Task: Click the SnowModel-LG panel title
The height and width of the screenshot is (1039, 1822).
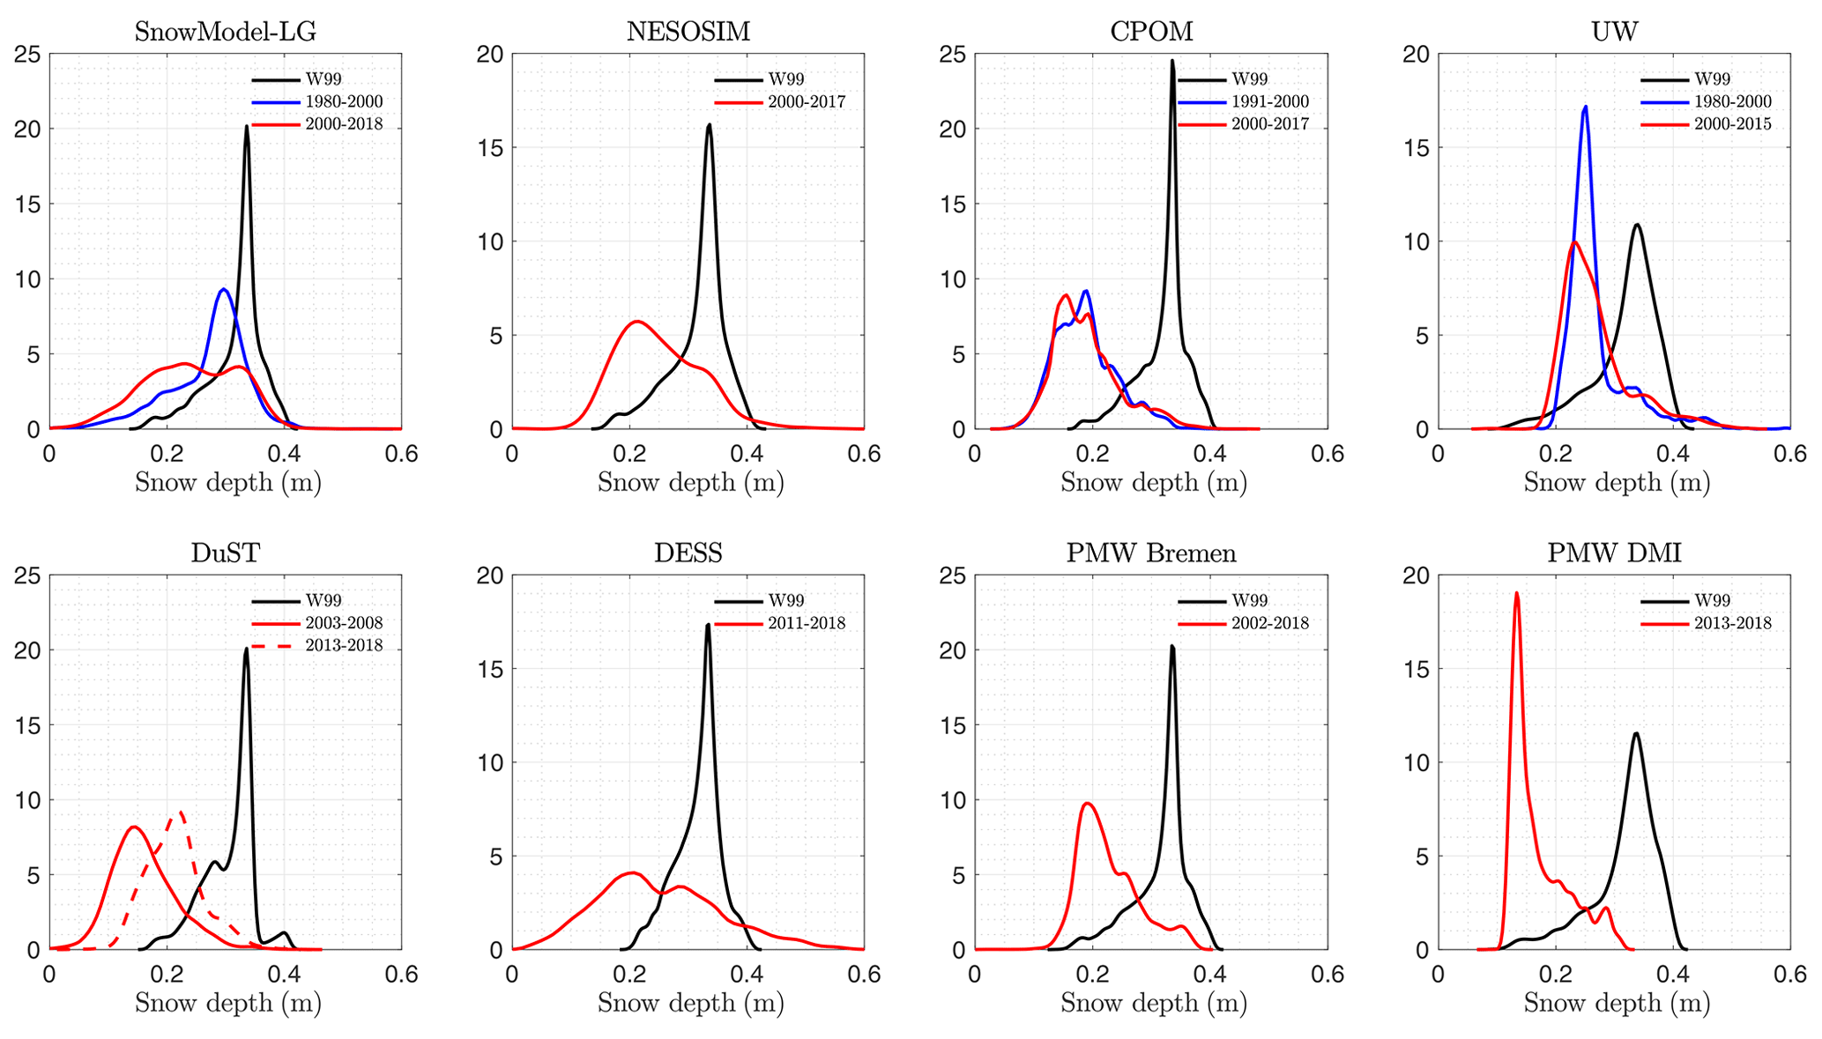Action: tap(225, 32)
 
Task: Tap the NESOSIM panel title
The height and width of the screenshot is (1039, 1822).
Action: tap(688, 32)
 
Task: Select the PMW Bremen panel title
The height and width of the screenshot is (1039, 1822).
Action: tap(1151, 553)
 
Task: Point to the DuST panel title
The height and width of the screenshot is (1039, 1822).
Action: tap(225, 553)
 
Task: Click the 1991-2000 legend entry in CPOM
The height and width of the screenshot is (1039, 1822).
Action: tap(1269, 101)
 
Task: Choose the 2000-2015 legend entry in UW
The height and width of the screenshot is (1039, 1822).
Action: tap(1732, 124)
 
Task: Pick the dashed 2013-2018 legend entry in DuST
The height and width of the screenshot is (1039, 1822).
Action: tap(344, 645)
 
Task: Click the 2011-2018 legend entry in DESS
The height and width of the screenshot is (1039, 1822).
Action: tap(807, 623)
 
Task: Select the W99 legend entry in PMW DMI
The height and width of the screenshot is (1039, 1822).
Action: tap(1712, 600)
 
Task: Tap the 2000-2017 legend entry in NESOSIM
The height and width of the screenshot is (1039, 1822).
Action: tap(807, 101)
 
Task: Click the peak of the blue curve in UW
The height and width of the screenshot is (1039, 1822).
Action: tap(1585, 107)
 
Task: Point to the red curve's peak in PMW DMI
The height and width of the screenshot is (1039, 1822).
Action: tap(1516, 592)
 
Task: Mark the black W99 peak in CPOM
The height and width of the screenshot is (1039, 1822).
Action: tap(1172, 61)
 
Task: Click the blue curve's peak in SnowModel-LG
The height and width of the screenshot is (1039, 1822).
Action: tap(224, 289)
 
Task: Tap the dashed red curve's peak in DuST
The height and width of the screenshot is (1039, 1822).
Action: tap(181, 812)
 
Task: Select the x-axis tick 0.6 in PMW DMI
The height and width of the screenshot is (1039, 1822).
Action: tap(1789, 974)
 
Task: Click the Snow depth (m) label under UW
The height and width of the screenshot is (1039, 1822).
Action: tap(1617, 483)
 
